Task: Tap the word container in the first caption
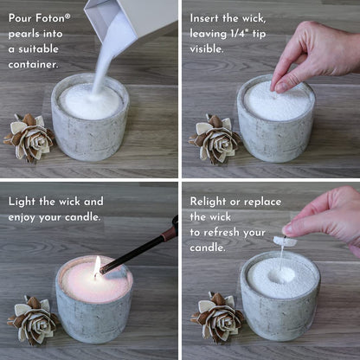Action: pos(34,63)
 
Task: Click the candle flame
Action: pos(97,266)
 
